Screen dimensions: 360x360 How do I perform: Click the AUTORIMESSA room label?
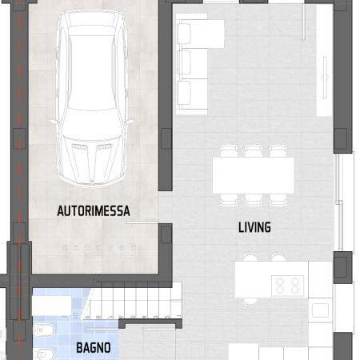(94, 211)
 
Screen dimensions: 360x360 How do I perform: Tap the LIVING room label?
(254, 227)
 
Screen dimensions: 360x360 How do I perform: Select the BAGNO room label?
(94, 348)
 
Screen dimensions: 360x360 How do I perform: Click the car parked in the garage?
(92, 98)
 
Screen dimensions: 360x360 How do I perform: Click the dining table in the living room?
(254, 175)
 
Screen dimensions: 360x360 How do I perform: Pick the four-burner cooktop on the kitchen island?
(287, 286)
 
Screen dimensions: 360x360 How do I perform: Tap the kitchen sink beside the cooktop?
(320, 310)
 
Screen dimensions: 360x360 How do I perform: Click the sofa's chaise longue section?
(200, 34)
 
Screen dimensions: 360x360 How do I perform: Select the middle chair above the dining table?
(254, 151)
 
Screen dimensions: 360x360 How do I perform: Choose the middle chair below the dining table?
(254, 200)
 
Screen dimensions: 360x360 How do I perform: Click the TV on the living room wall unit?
(325, 78)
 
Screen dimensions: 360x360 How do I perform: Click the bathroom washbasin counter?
(52, 306)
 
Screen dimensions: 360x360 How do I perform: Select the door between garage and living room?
(142, 222)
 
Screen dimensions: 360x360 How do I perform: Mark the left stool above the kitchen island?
(250, 257)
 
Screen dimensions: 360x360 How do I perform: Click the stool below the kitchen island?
(250, 302)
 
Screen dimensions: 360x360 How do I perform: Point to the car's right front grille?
(104, 146)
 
